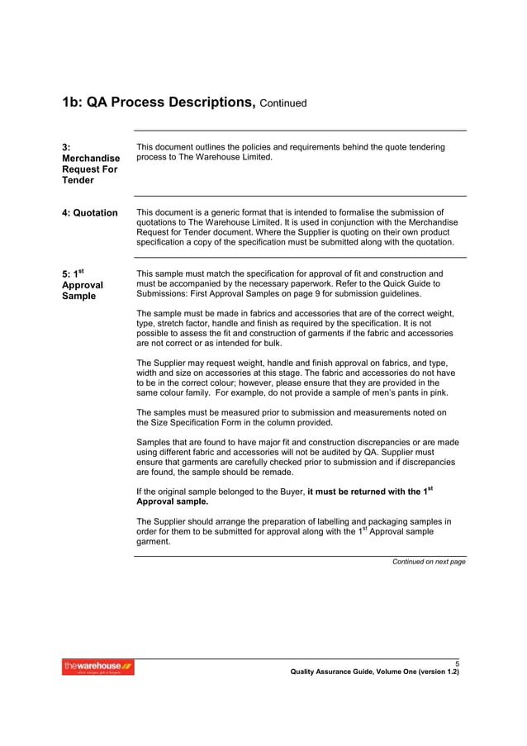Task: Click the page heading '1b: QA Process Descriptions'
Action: pos(158,102)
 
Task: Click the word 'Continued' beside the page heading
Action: pos(283,104)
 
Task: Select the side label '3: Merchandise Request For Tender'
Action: pos(90,164)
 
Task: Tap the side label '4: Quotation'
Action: pos(90,213)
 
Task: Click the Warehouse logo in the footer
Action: pos(98,667)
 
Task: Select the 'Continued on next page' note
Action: pos(429,562)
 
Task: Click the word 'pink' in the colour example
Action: pos(441,393)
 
